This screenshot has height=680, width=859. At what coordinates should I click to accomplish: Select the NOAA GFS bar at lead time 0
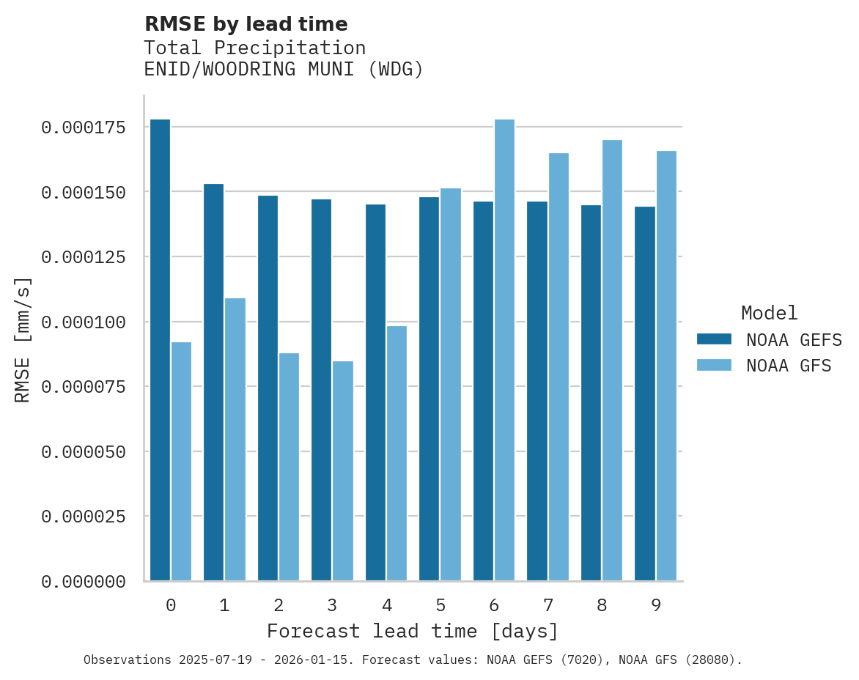[182, 462]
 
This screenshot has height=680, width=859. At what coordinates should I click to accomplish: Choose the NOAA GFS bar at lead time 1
[235, 440]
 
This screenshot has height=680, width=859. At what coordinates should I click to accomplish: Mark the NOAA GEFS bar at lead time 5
[429, 389]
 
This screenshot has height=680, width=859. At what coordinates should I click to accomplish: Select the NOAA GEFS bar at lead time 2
[268, 388]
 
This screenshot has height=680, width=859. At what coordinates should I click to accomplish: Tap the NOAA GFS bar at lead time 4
[397, 454]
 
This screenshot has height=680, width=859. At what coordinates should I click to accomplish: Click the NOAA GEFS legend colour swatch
[714, 339]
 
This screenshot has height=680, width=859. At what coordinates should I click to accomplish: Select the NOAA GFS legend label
[789, 366]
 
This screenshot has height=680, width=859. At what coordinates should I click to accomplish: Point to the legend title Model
[769, 313]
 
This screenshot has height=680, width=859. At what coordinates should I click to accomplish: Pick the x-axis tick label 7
[548, 605]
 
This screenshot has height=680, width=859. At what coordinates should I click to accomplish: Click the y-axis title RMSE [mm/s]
[23, 339]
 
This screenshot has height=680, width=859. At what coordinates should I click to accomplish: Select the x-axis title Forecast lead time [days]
[413, 631]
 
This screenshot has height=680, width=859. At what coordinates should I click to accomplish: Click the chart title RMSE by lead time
[246, 24]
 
